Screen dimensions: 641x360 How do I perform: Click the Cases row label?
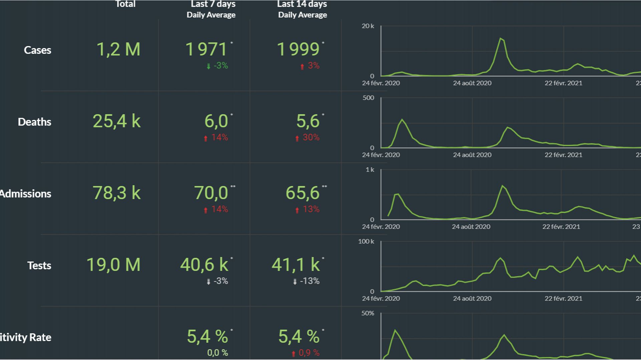click(37, 50)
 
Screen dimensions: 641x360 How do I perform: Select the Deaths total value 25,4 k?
click(117, 121)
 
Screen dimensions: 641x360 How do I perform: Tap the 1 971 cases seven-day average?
click(206, 49)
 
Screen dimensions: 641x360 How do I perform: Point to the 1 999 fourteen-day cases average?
click(298, 49)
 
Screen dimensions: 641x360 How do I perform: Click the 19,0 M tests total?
click(114, 265)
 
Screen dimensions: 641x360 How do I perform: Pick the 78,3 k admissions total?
click(117, 193)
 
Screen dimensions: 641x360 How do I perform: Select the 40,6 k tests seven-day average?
click(204, 265)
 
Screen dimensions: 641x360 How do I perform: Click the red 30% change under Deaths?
click(311, 137)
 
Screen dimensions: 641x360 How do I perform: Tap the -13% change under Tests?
click(309, 281)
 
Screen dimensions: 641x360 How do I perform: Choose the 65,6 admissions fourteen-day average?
click(302, 193)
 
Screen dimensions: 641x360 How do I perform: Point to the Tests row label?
click(39, 266)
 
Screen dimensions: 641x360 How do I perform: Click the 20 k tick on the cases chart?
click(368, 26)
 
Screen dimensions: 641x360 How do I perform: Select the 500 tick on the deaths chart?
click(368, 98)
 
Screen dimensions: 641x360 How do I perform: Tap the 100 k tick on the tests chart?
click(366, 241)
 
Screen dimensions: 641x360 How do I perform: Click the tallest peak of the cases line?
click(500, 38)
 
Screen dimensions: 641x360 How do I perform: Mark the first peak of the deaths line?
click(402, 119)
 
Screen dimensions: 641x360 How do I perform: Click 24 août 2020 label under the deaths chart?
click(472, 155)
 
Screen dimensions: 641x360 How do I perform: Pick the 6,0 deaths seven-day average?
click(216, 121)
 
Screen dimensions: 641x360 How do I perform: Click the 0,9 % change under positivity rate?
click(309, 353)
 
